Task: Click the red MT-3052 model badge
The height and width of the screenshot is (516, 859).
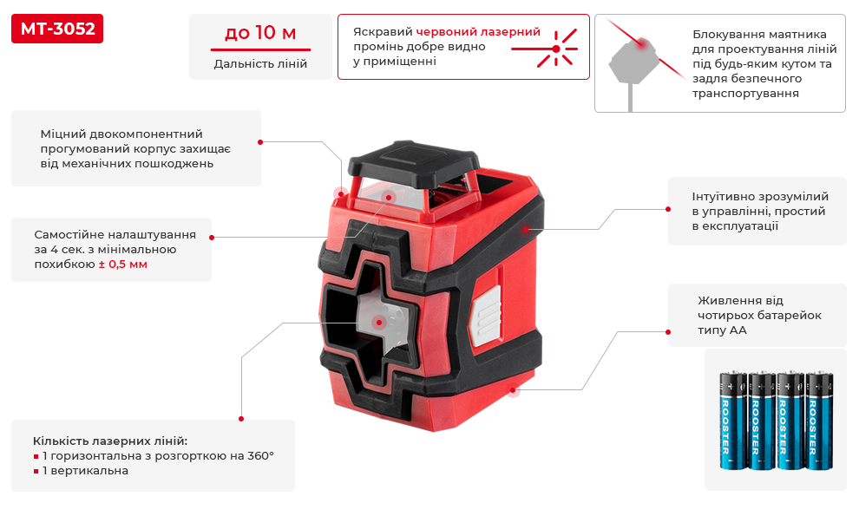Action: [57, 29]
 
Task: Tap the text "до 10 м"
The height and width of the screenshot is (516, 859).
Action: [260, 33]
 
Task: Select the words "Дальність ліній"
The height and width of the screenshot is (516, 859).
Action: [260, 63]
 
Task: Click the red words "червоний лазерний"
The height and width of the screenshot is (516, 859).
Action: [478, 32]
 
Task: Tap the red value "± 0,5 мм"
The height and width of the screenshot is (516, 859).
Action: [122, 264]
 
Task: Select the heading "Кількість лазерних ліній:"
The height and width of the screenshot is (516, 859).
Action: [110, 441]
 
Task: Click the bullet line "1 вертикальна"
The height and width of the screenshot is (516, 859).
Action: [85, 471]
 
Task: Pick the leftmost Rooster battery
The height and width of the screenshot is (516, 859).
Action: [733, 420]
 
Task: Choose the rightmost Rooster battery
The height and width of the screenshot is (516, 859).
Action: [819, 420]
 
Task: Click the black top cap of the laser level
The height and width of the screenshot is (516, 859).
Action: [414, 160]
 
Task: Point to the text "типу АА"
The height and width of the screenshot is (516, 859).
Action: [722, 330]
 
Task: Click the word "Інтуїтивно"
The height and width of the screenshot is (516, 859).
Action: [725, 196]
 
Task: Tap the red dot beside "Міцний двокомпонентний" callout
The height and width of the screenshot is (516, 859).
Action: [260, 142]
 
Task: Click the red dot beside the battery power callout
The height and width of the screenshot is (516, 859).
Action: [668, 332]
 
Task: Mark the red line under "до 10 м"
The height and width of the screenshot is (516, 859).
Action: [261, 49]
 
